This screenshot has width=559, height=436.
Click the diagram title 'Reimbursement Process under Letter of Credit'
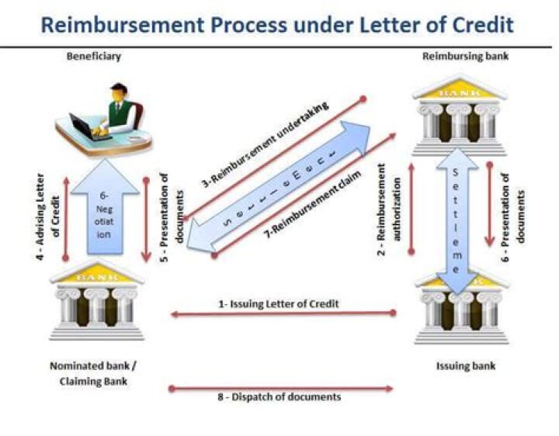coord(277,25)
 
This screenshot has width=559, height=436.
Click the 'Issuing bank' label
coord(465,365)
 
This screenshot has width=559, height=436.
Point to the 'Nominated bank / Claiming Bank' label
coord(92,372)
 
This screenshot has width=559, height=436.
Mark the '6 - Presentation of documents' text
coord(513,206)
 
